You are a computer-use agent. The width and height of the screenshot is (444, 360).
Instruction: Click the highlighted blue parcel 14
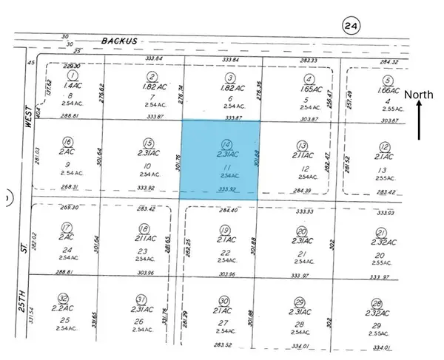[x=221, y=160]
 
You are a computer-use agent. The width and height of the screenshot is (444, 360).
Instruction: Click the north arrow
[x=420, y=120]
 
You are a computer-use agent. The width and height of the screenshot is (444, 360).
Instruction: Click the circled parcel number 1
[x=72, y=76]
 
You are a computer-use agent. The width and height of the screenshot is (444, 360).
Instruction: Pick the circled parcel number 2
[x=152, y=76]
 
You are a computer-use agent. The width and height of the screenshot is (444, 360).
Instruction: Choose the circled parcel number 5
[x=386, y=81]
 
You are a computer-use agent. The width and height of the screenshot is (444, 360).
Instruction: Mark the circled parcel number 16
[x=68, y=143]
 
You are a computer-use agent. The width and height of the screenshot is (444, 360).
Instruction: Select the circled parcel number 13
[x=301, y=145]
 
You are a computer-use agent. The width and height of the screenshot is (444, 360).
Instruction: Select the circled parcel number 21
[x=379, y=232]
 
